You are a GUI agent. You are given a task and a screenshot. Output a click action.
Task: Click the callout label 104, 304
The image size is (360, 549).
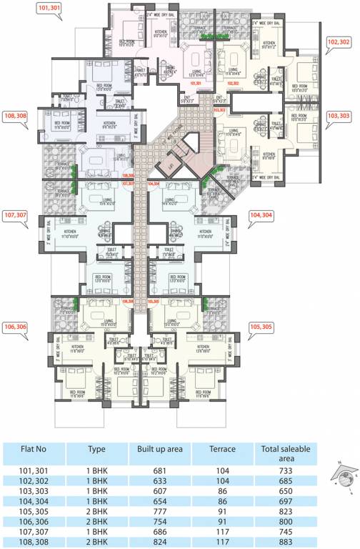262,214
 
